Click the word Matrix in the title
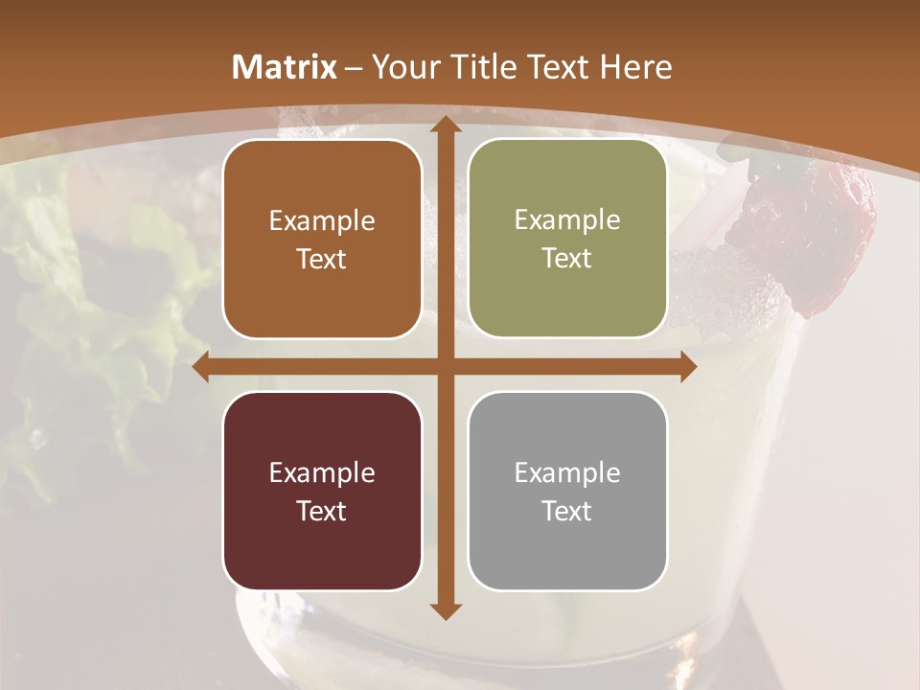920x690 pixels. pos(285,67)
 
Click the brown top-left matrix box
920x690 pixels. pos(322,240)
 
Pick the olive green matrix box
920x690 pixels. pos(567,239)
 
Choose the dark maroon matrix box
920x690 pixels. pos(322,491)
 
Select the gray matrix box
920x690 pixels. pos(567,491)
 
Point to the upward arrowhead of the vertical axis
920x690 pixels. pos(444,125)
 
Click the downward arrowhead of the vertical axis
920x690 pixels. pos(444,610)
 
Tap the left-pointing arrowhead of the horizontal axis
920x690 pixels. pos(201,367)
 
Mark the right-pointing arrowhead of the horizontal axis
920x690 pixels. pos(687,367)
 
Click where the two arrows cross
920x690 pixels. pos(444,367)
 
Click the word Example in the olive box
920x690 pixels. pos(567,220)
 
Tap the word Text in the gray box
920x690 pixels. pos(567,512)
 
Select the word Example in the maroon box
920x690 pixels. pos(322,472)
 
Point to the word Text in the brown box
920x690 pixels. pos(322,260)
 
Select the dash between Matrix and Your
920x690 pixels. pos(353,68)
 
